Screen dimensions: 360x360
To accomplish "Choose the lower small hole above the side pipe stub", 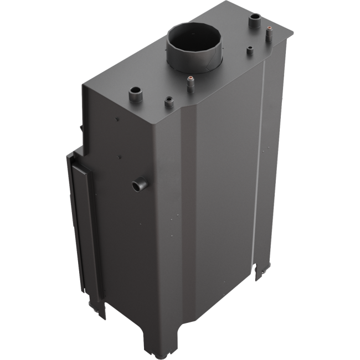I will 120,158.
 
